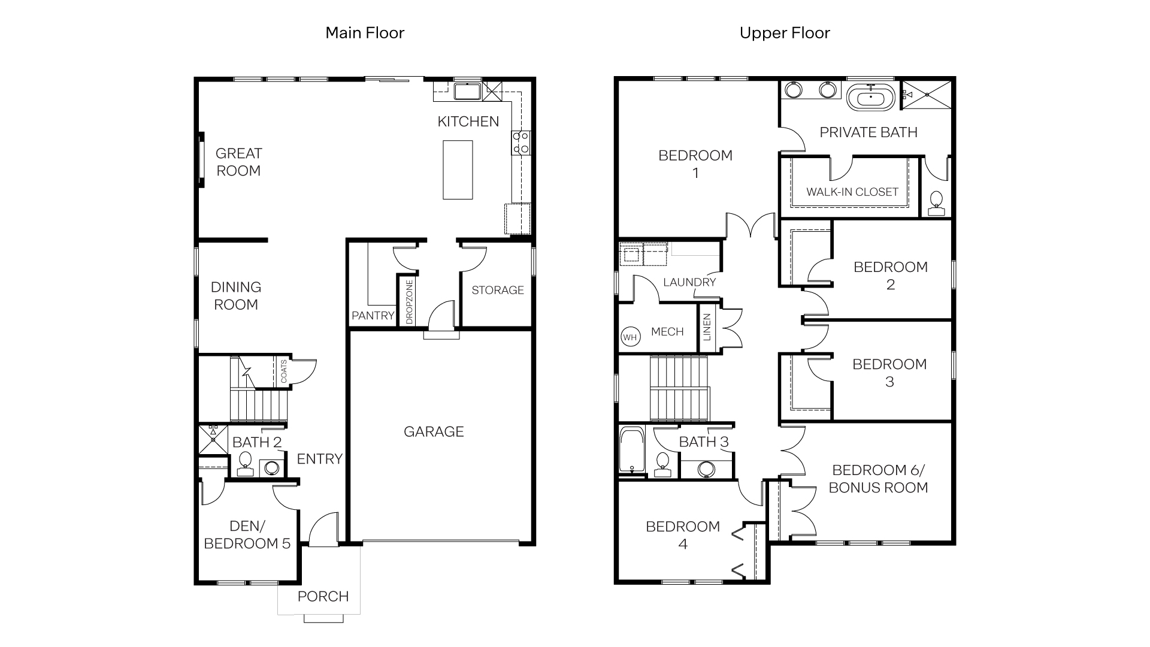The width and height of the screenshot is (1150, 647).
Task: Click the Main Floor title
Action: (365, 32)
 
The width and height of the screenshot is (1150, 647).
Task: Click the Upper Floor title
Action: (785, 32)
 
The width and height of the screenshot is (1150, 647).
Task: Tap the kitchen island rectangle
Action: (458, 170)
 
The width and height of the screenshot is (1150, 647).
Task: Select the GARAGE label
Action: (434, 431)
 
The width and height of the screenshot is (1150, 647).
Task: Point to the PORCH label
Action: (323, 596)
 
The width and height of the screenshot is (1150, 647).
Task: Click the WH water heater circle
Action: (630, 337)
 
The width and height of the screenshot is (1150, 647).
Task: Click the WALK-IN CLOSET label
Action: (852, 192)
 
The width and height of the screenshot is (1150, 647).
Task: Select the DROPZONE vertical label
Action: (410, 302)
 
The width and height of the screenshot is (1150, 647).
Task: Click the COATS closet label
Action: (284, 371)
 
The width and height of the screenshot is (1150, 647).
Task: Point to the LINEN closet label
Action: (707, 327)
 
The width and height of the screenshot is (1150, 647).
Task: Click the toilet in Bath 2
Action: (244, 463)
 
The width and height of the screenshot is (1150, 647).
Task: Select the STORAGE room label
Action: (497, 290)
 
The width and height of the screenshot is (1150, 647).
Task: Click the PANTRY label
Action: (373, 315)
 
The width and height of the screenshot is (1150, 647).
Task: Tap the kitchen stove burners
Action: (520, 143)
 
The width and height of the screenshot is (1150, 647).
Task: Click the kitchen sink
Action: (467, 92)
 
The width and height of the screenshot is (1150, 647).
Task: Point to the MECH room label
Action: (667, 331)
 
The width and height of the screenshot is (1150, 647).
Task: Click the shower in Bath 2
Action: (213, 439)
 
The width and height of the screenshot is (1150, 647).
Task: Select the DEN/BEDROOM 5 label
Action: (247, 534)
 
